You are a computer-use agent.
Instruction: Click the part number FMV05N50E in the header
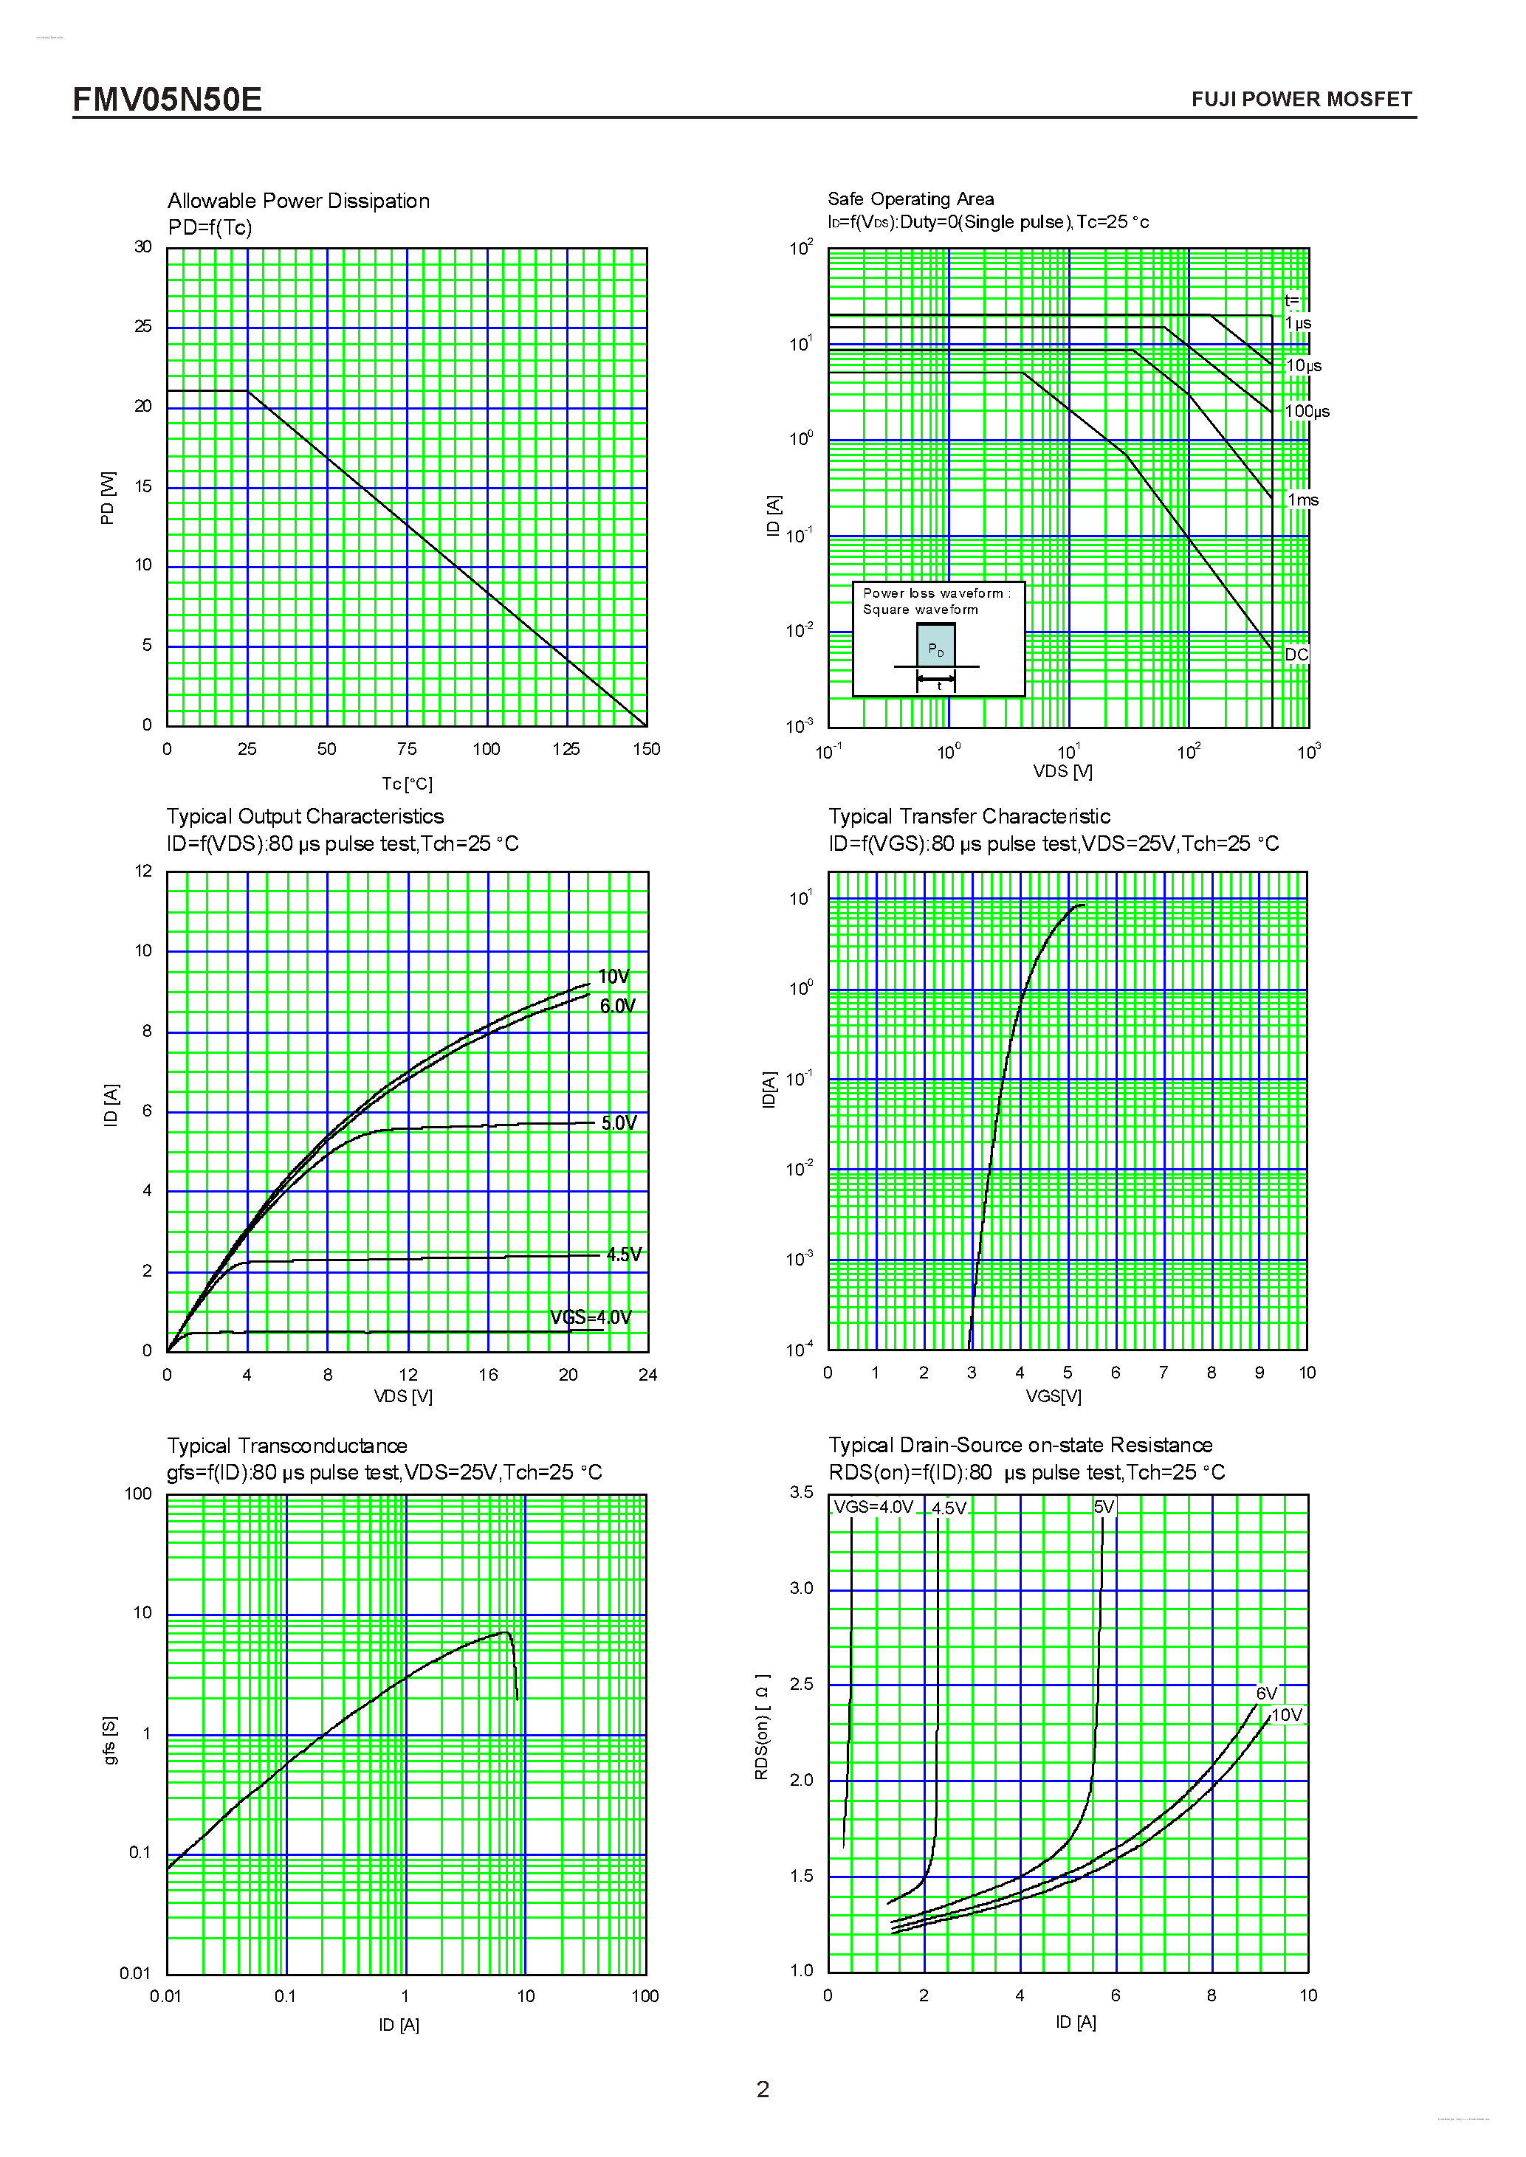pyautogui.click(x=168, y=100)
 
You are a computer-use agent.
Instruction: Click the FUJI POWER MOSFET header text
pyautogui.click(x=1301, y=100)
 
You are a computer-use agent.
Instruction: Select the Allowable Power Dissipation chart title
pyautogui.click(x=298, y=201)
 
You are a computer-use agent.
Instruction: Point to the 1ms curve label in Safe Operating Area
pyautogui.click(x=1302, y=500)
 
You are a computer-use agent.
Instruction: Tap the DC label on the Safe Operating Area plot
pyautogui.click(x=1296, y=655)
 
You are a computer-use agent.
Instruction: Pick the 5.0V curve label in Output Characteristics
pyautogui.click(x=618, y=1122)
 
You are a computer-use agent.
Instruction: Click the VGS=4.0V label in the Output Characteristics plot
pyautogui.click(x=590, y=1317)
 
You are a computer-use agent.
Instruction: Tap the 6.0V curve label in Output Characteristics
pyautogui.click(x=617, y=1006)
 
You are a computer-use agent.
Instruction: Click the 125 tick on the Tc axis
pyautogui.click(x=566, y=749)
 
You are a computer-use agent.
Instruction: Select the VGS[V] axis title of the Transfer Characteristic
pyautogui.click(x=1054, y=1397)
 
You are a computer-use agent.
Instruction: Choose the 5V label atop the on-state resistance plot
pyautogui.click(x=1104, y=1507)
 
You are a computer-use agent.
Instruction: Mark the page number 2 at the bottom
pyautogui.click(x=762, y=2089)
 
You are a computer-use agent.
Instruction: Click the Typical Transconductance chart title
pyautogui.click(x=286, y=1446)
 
